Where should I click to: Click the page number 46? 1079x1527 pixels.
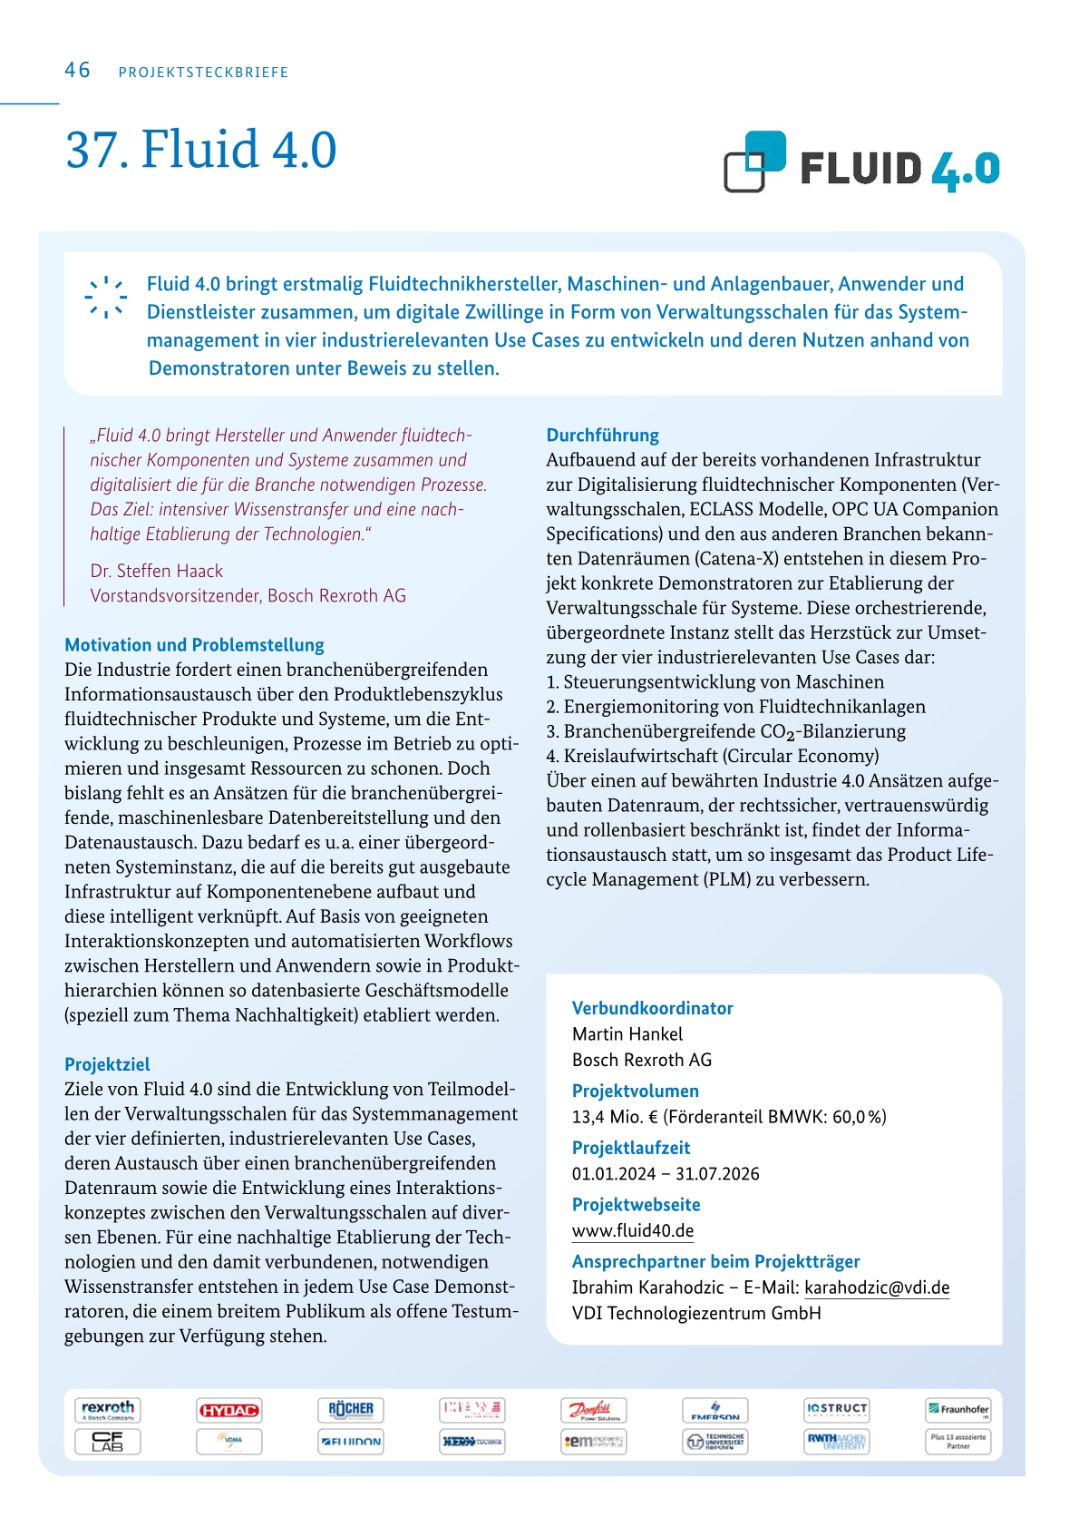click(77, 71)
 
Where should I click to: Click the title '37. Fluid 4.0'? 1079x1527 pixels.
click(200, 150)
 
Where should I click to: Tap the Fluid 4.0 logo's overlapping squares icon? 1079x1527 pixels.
click(754, 162)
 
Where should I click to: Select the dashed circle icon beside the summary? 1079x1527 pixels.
click(106, 297)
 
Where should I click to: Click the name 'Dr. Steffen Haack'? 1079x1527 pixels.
click(156, 571)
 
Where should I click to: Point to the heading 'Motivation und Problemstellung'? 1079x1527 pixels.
click(194, 645)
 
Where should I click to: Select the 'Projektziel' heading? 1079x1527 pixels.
click(107, 1064)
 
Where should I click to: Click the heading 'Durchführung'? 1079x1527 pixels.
click(602, 436)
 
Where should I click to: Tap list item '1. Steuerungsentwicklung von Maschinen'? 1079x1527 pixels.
click(714, 682)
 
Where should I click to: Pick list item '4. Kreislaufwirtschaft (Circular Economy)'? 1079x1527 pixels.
click(712, 756)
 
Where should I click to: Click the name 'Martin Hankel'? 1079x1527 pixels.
click(627, 1033)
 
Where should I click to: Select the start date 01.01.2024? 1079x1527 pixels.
click(613, 1174)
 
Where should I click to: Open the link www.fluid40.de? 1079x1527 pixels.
click(633, 1231)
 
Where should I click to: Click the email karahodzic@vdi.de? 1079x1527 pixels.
click(877, 1287)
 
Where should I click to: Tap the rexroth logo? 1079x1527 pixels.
click(108, 1409)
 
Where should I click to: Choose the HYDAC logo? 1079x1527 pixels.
click(229, 1410)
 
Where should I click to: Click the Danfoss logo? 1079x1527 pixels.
click(593, 1410)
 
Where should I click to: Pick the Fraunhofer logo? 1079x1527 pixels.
click(957, 1410)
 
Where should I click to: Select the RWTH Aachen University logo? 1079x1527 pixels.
click(836, 1441)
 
